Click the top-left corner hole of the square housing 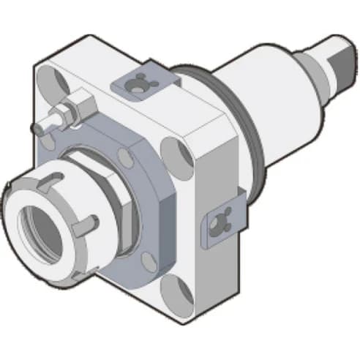(x=50, y=78)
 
